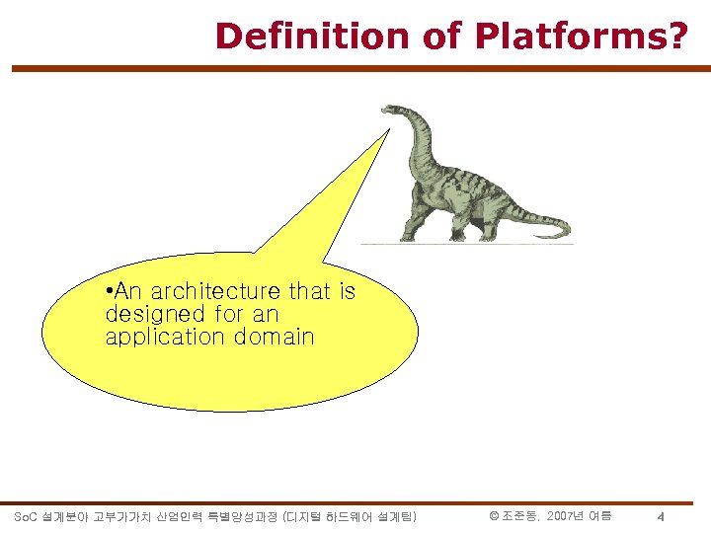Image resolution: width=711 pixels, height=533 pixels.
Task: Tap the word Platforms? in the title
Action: (x=580, y=36)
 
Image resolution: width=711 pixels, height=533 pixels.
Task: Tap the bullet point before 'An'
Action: (x=109, y=291)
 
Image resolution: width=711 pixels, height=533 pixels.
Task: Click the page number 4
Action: (x=661, y=517)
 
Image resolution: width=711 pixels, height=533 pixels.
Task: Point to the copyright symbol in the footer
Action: (x=494, y=516)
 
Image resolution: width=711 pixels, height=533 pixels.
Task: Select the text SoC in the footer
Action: (x=26, y=516)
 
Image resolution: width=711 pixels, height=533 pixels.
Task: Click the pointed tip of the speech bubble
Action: (x=387, y=129)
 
